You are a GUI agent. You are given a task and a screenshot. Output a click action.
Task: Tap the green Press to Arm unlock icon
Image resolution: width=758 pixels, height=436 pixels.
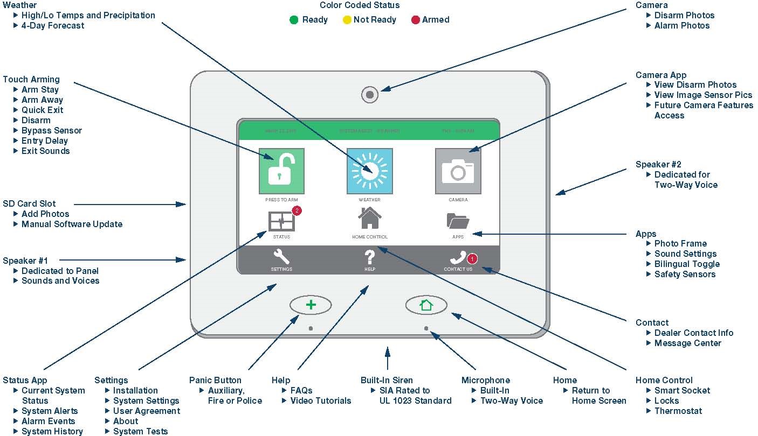pyautogui.click(x=281, y=171)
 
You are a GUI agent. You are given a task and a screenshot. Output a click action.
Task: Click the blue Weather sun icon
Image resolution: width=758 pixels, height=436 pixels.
pyautogui.click(x=369, y=171)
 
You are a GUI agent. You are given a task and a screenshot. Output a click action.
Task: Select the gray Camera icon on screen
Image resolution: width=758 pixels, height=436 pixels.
pyautogui.click(x=458, y=171)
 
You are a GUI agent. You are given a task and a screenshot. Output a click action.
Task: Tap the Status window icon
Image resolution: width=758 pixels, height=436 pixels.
pyautogui.click(x=281, y=221)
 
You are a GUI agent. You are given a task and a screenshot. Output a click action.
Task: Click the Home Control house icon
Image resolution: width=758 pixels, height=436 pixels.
pyautogui.click(x=369, y=219)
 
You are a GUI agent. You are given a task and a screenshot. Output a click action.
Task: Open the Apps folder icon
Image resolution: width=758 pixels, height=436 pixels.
pyautogui.click(x=458, y=221)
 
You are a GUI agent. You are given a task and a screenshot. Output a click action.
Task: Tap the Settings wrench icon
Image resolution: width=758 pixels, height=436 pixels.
pyautogui.click(x=281, y=257)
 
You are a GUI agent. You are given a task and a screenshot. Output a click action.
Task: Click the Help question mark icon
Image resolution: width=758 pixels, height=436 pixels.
pyautogui.click(x=369, y=257)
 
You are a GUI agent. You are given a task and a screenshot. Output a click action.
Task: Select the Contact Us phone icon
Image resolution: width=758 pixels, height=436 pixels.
pyautogui.click(x=458, y=258)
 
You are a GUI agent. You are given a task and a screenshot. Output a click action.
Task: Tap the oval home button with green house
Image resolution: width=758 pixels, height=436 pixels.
pyautogui.click(x=426, y=305)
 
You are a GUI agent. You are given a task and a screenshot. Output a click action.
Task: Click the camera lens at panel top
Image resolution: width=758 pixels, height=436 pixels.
pyautogui.click(x=369, y=95)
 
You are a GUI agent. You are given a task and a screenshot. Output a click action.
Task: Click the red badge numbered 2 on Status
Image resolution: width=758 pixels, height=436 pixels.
pyautogui.click(x=296, y=210)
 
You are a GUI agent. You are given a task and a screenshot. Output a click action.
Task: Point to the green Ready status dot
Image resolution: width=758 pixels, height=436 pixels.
pyautogui.click(x=294, y=20)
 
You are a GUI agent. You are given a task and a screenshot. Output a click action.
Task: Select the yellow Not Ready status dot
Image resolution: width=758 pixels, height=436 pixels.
pyautogui.click(x=347, y=20)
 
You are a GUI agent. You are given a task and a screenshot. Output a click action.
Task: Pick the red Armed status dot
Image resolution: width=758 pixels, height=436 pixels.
pyautogui.click(x=415, y=20)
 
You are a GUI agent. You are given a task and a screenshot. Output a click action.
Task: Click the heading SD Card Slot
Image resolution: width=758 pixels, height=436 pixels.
pyautogui.click(x=29, y=203)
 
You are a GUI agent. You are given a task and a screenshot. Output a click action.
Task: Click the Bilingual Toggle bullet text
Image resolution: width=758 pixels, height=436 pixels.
pyautogui.click(x=687, y=264)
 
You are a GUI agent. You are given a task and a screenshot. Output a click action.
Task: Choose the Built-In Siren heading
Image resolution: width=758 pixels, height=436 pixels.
pyautogui.click(x=387, y=380)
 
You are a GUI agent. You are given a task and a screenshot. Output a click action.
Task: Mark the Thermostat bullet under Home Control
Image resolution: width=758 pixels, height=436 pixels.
pyautogui.click(x=678, y=411)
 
